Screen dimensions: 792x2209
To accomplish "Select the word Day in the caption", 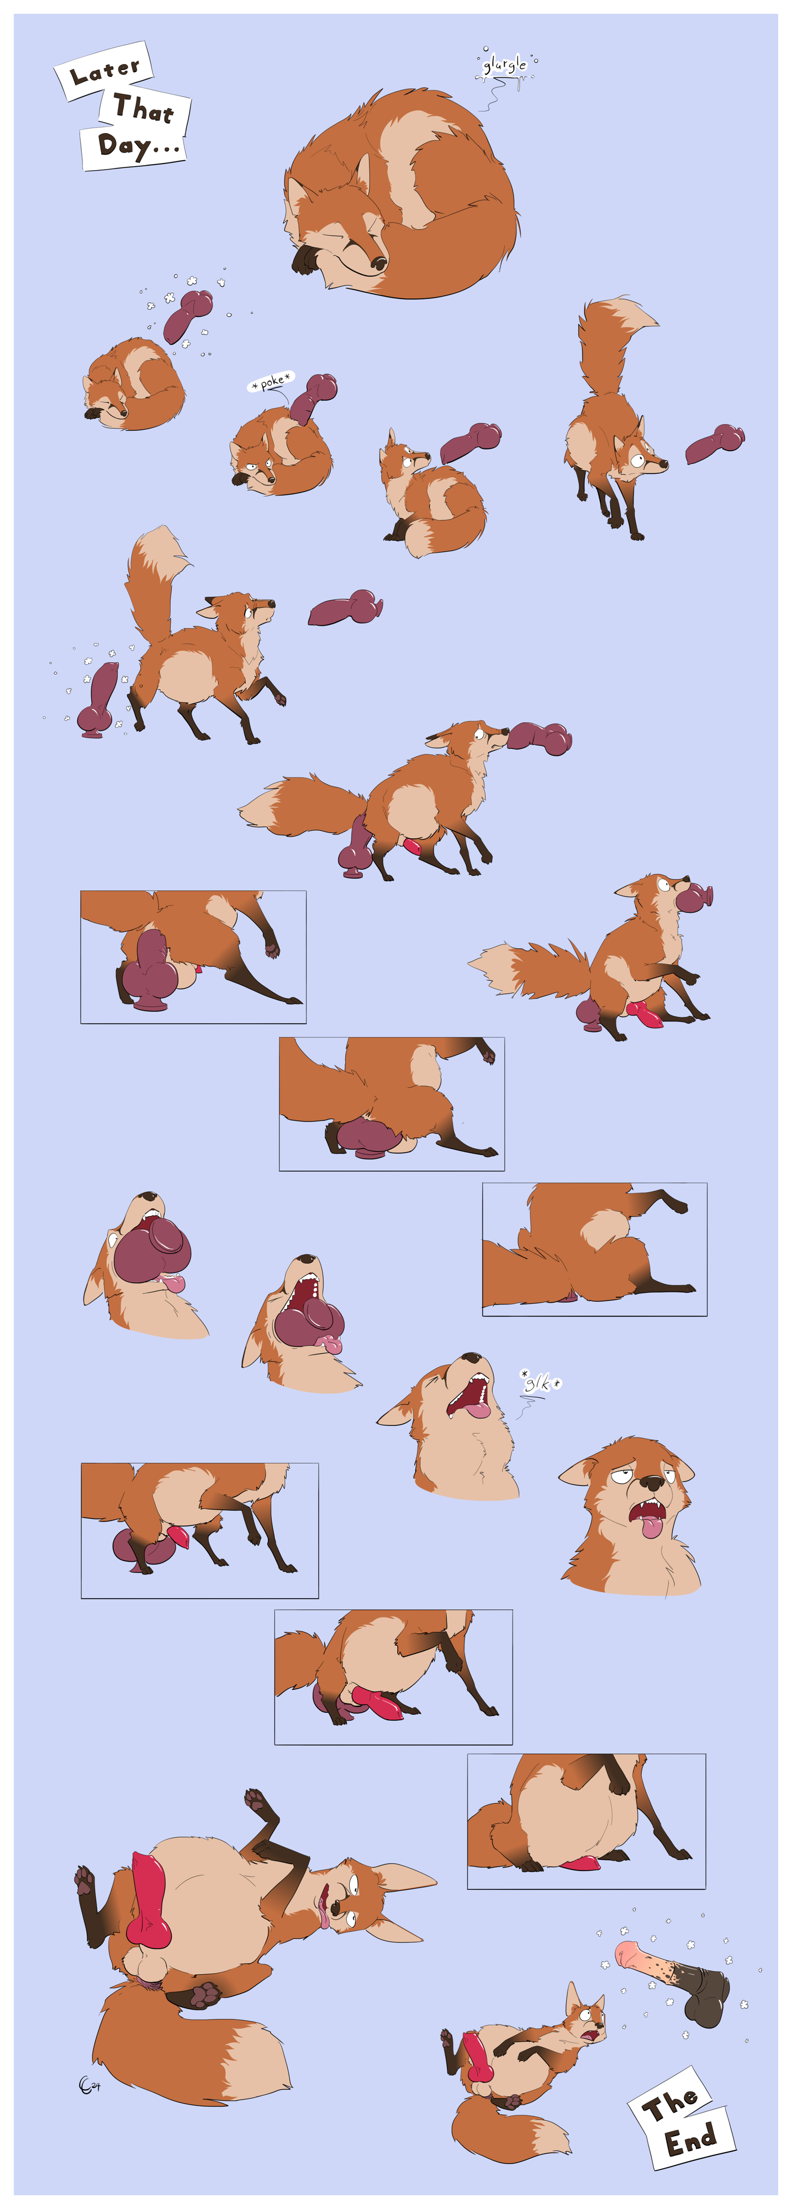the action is (x=123, y=144).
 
